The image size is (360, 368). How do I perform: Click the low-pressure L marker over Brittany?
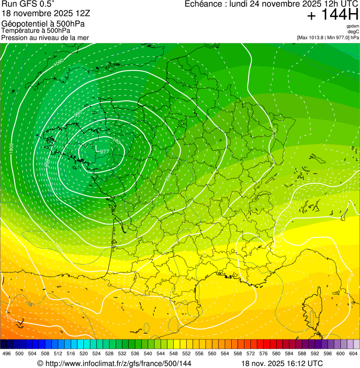coord(97,148)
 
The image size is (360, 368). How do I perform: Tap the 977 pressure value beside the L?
coord(104,152)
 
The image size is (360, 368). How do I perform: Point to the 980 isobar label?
coord(117,141)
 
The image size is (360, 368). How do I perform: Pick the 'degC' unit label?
coord(353,31)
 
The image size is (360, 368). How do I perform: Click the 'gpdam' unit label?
coord(353,26)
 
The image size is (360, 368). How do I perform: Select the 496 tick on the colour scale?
coord(7,353)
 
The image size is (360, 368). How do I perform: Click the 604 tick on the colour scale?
coord(353,353)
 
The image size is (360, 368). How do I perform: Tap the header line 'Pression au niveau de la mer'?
coord(45,37)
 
